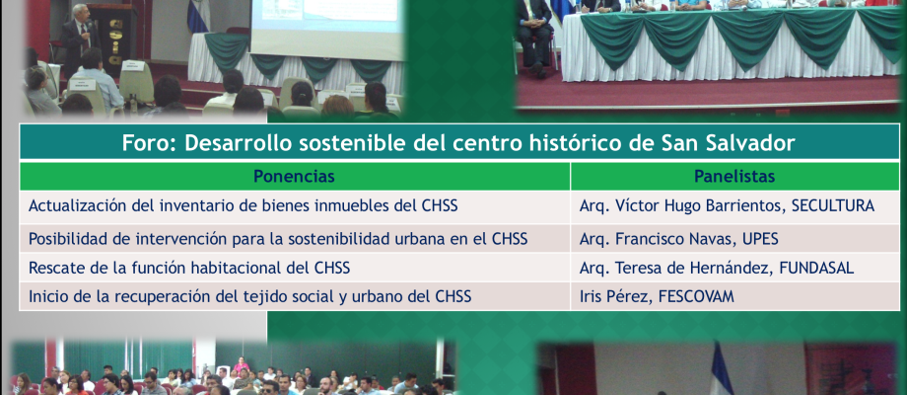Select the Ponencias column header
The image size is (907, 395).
(295, 176)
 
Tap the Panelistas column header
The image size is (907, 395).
(734, 176)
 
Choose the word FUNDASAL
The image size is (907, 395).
(816, 269)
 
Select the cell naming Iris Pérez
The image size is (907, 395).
(734, 296)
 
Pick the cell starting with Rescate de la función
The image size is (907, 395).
(295, 268)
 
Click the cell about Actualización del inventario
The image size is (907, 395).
(295, 207)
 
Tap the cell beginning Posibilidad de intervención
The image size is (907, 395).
(295, 239)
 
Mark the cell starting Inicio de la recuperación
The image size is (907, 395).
(295, 296)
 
